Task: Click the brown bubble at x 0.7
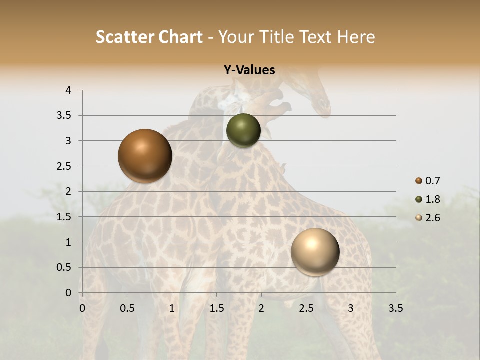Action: coord(145,156)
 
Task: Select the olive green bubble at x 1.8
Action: coord(243,130)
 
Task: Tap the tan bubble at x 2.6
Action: coord(315,252)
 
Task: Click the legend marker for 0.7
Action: coord(419,181)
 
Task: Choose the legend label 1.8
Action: coord(433,199)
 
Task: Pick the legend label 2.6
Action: coord(433,218)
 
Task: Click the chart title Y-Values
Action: coord(249,70)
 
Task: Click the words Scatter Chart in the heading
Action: coord(149,37)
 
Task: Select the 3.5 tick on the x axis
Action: coord(395,308)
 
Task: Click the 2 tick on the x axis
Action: coord(261,308)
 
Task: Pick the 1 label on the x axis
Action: coord(172,308)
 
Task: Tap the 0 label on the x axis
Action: coord(82,308)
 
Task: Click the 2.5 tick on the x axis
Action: coord(306,308)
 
